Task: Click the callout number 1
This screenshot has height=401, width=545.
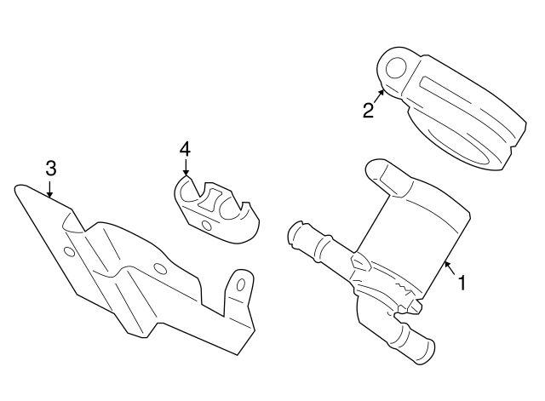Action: click(462, 283)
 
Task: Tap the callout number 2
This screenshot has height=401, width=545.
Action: click(368, 111)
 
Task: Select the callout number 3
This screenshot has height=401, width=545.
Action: click(50, 168)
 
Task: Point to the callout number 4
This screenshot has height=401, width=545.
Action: click(185, 149)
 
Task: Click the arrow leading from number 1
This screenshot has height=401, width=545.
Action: click(448, 272)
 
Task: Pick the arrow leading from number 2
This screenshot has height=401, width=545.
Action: click(379, 96)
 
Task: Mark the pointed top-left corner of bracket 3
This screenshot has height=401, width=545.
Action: click(20, 185)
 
